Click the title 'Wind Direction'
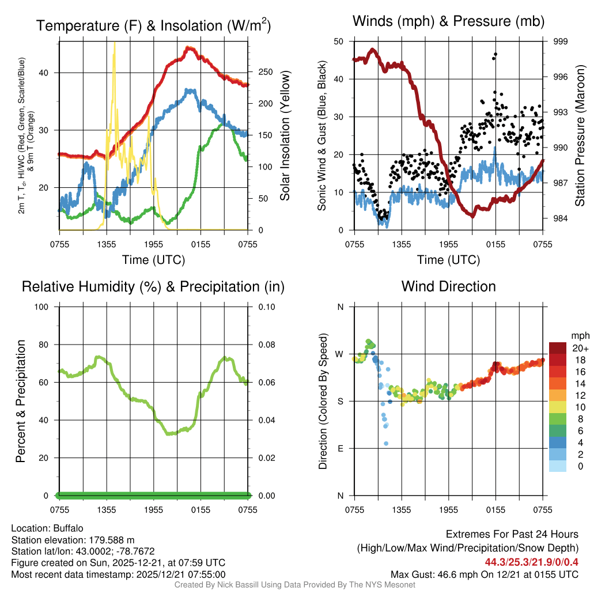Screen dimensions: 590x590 click(448, 286)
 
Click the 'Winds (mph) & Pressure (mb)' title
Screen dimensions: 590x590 click(448, 22)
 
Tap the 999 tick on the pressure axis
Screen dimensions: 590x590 click(561, 41)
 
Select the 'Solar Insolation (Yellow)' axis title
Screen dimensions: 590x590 click(285, 135)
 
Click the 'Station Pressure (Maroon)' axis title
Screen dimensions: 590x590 click(580, 135)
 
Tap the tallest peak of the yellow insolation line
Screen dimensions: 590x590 click(114, 43)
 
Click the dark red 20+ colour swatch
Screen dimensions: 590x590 click(557, 347)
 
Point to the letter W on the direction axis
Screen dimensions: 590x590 click(340, 354)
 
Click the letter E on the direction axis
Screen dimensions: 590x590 click(340, 448)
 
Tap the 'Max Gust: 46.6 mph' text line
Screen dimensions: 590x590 click(484, 574)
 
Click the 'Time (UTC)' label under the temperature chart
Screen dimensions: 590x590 click(153, 260)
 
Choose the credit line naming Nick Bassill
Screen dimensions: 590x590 click(295, 585)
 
